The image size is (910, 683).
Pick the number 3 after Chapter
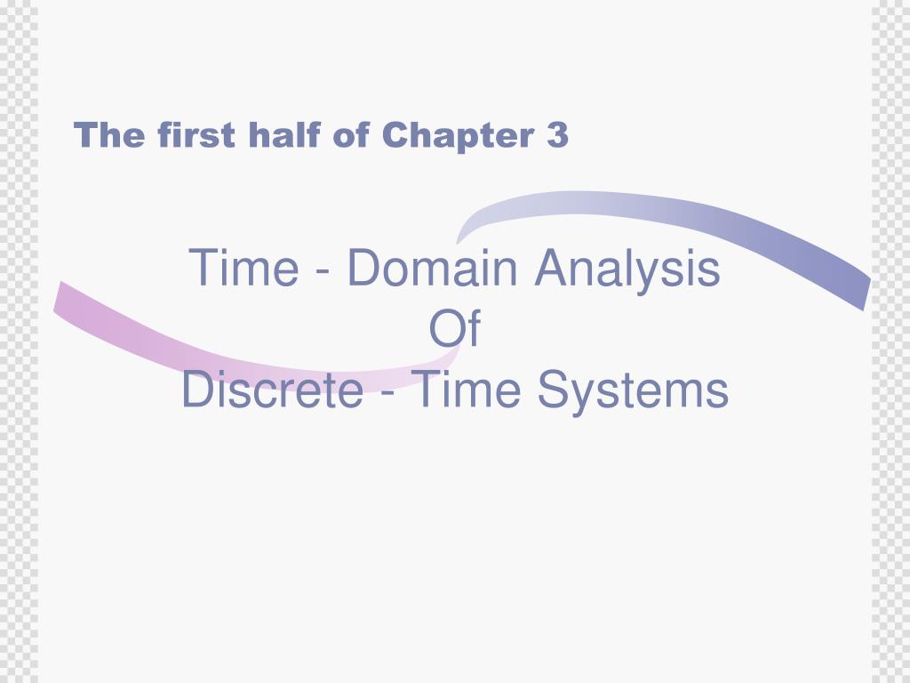(x=557, y=136)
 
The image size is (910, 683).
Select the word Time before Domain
(x=243, y=268)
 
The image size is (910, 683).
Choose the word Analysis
(x=627, y=269)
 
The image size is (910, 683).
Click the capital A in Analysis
(x=548, y=268)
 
